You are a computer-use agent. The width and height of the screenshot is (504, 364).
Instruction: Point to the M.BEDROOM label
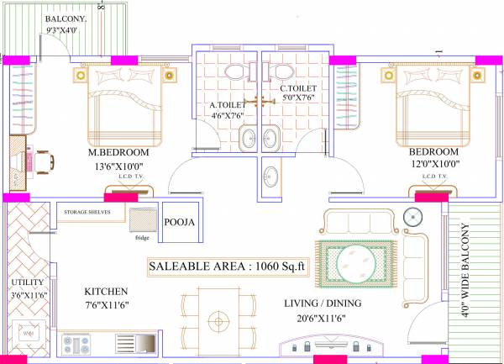click(x=118, y=153)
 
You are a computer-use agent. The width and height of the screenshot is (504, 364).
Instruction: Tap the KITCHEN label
click(x=106, y=292)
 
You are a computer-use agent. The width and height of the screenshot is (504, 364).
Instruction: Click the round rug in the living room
click(x=353, y=263)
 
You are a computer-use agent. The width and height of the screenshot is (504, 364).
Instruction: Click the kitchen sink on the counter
click(x=138, y=343)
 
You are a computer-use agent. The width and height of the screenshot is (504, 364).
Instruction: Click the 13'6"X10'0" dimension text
click(x=124, y=166)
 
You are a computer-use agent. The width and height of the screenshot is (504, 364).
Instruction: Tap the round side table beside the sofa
click(x=412, y=216)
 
